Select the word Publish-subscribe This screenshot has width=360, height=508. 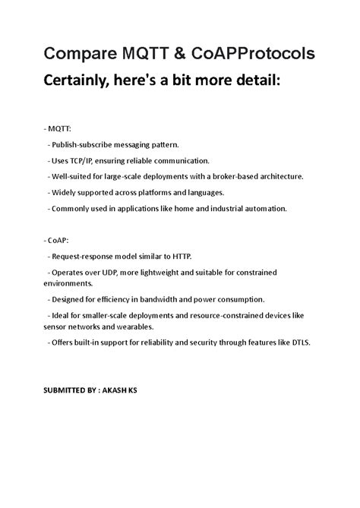85,144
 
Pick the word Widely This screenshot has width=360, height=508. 65,192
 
